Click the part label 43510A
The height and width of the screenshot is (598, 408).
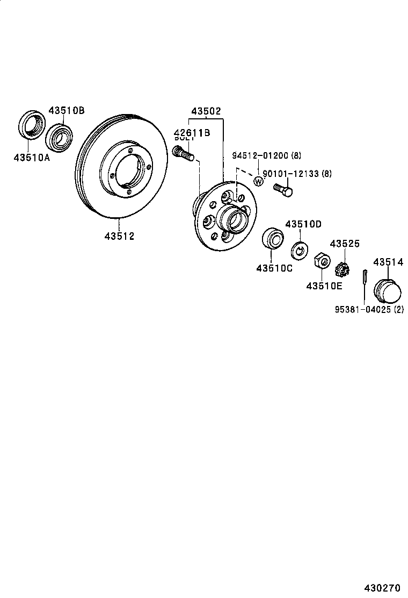click(x=32, y=158)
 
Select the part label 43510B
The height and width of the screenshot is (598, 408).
click(x=67, y=111)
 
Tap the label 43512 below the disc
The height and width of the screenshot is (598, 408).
click(x=119, y=236)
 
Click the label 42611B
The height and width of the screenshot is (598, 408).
click(x=191, y=133)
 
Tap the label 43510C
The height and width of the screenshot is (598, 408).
click(x=274, y=268)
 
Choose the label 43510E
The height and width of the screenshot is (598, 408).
click(x=324, y=286)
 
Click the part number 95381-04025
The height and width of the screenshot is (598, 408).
click(x=363, y=310)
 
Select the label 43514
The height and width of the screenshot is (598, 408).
click(x=388, y=262)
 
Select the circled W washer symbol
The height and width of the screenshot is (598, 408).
click(x=258, y=181)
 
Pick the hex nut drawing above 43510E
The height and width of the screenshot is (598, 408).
click(x=320, y=261)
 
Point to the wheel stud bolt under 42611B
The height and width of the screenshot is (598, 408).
click(x=184, y=154)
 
